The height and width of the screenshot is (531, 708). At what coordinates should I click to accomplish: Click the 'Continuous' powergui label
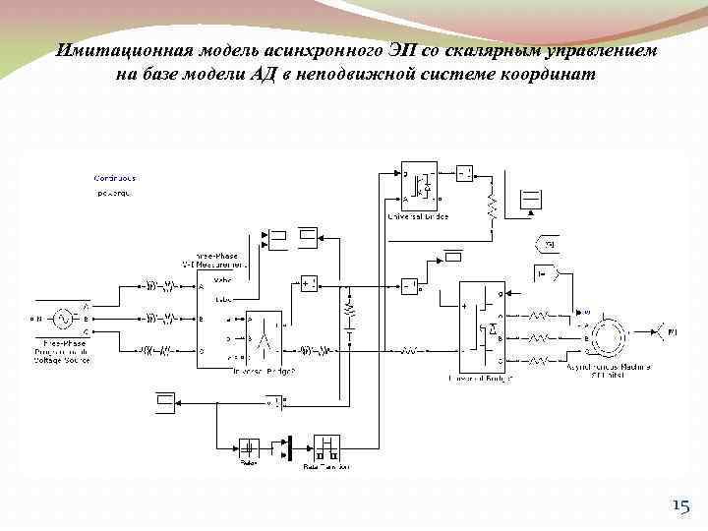pyautogui.click(x=114, y=178)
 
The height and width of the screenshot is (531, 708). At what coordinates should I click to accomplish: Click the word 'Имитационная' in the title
pyautogui.click(x=116, y=50)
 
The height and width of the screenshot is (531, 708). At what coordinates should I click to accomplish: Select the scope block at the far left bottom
pyautogui.click(x=165, y=400)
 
